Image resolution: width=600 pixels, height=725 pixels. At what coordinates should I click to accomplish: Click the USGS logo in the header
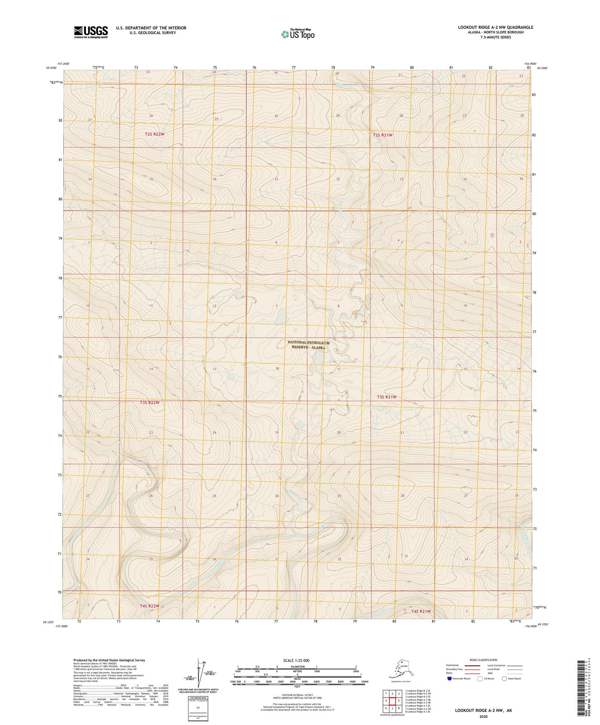[91, 32]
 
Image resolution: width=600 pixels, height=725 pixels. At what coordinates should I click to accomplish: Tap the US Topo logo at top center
[297, 34]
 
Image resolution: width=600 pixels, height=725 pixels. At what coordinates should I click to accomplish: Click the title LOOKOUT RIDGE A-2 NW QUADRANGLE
[495, 27]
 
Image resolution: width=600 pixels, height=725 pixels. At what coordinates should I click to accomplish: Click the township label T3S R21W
[386, 397]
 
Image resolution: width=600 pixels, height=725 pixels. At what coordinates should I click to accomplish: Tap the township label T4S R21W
[421, 611]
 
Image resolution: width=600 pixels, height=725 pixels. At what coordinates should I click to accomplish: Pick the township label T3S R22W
[149, 403]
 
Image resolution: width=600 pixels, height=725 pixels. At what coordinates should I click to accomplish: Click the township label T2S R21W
[382, 135]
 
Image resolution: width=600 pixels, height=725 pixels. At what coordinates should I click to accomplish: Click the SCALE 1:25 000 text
[296, 660]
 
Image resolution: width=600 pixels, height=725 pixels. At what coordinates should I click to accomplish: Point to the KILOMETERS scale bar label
[296, 666]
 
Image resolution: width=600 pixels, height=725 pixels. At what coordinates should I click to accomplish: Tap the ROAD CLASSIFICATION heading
[483, 660]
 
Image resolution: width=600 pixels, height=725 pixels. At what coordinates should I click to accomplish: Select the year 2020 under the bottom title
[483, 716]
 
